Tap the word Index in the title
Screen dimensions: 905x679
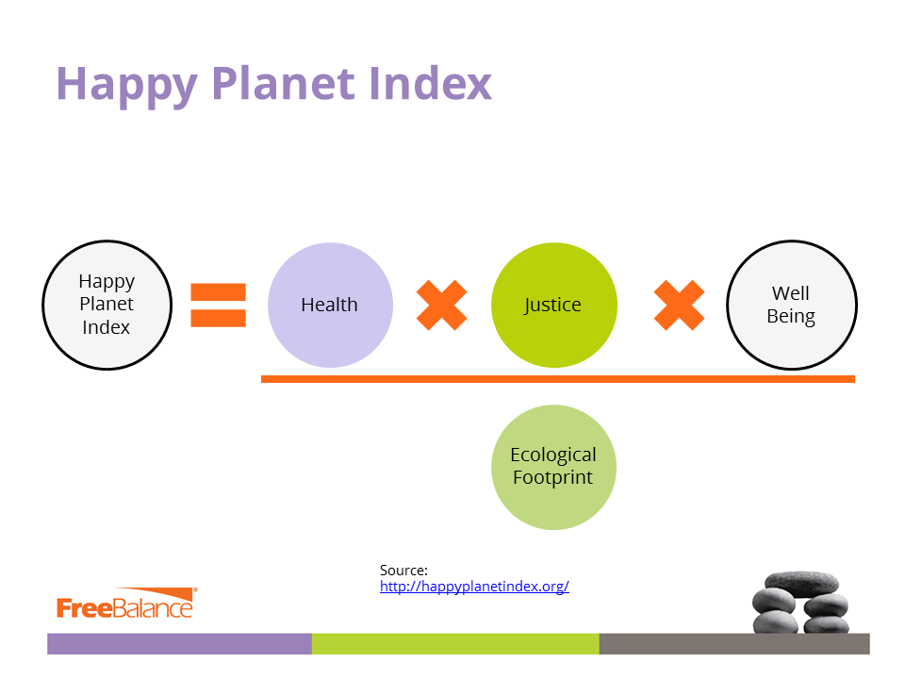(x=431, y=83)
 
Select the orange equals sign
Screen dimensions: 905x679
(x=218, y=305)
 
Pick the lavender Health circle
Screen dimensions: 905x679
(x=330, y=305)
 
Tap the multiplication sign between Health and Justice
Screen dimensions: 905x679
(x=441, y=305)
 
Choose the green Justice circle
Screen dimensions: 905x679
(x=554, y=305)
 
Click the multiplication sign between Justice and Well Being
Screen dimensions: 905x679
(x=679, y=305)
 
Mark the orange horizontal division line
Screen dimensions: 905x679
(x=557, y=379)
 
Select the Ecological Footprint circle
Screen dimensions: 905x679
(x=554, y=467)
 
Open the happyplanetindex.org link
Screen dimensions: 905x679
(x=474, y=587)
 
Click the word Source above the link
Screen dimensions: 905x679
(x=403, y=571)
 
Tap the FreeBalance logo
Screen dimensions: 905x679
(x=127, y=603)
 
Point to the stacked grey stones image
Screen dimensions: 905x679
(x=800, y=603)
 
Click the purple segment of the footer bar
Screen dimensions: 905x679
(x=179, y=644)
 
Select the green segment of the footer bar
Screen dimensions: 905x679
(x=455, y=644)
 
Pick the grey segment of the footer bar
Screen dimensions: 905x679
(x=734, y=644)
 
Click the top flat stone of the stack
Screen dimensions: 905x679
(x=801, y=584)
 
